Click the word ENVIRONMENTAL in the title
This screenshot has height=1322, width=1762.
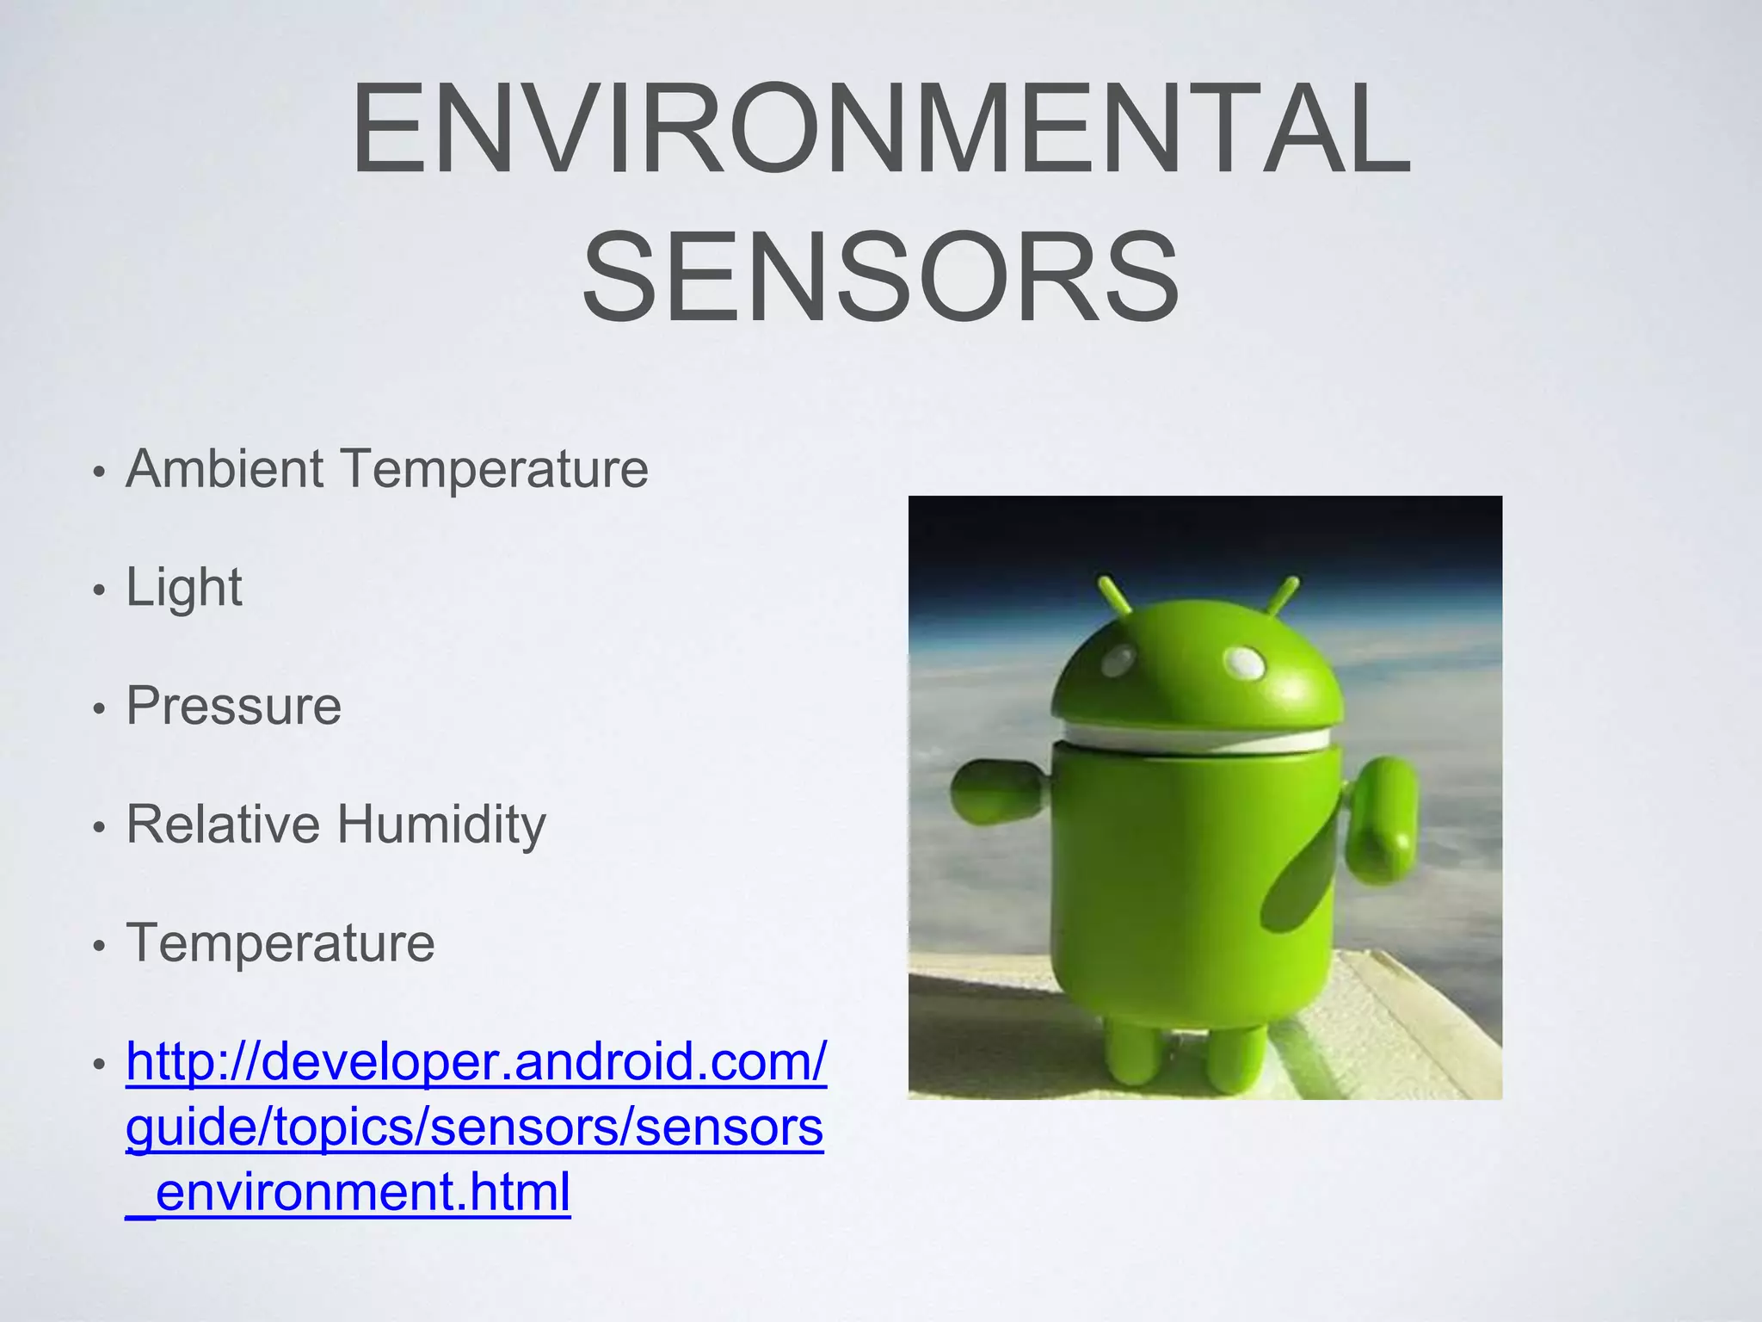pyautogui.click(x=880, y=129)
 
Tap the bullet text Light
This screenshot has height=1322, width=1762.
pyautogui.click(x=184, y=588)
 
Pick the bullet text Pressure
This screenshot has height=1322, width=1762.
pyautogui.click(x=234, y=707)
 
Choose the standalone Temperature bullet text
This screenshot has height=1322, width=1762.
pyautogui.click(x=280, y=943)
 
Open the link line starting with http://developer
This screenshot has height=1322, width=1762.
pyautogui.click(x=477, y=1062)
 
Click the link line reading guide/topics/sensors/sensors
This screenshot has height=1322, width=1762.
pyautogui.click(x=475, y=1127)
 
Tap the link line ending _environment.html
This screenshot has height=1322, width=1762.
pyautogui.click(x=348, y=1193)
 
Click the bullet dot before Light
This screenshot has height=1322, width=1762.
pyautogui.click(x=100, y=590)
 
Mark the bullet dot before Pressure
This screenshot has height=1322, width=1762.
pyautogui.click(x=100, y=709)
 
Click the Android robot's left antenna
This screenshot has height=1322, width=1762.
pyautogui.click(x=1115, y=596)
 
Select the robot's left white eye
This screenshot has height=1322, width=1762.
pyautogui.click(x=1118, y=661)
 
